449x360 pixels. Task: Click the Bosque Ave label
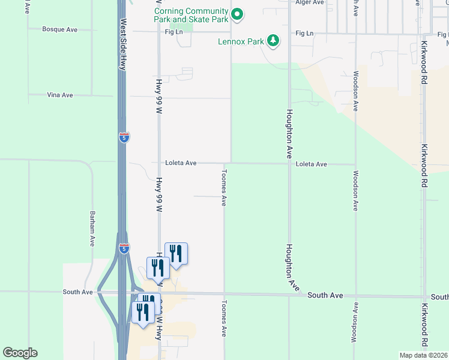(x=59, y=29)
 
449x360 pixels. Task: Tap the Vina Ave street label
(x=59, y=95)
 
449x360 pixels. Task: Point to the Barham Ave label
(x=92, y=228)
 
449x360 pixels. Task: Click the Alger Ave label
(x=310, y=2)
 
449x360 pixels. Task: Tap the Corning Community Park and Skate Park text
(x=191, y=15)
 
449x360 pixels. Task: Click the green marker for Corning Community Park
(x=237, y=14)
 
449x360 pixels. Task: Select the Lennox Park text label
(x=241, y=42)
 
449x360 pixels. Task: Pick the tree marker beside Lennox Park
(x=274, y=41)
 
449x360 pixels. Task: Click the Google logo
(x=20, y=353)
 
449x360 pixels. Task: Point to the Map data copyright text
(x=424, y=355)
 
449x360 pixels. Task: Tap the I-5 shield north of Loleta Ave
(x=124, y=137)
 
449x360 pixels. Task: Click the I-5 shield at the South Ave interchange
(x=124, y=249)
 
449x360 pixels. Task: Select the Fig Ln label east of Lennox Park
(x=304, y=34)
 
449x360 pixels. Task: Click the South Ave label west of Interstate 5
(x=78, y=292)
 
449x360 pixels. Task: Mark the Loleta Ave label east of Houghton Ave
(x=311, y=164)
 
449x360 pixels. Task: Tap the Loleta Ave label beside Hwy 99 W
(x=181, y=163)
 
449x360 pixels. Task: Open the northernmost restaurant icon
(x=176, y=252)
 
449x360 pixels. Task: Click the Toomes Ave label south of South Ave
(x=224, y=317)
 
